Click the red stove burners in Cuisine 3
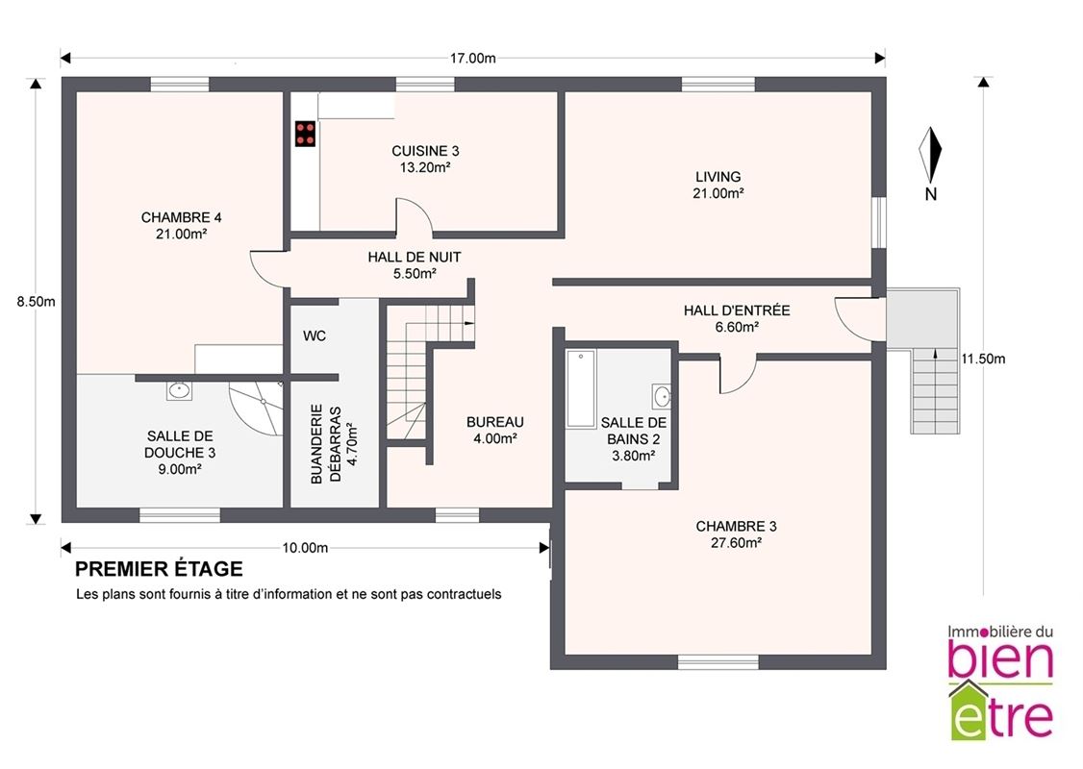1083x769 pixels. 305,134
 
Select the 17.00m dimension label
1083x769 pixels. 472,58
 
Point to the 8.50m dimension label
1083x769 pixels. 36,302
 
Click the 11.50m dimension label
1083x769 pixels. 983,359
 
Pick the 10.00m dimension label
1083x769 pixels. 305,548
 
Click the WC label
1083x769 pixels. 315,336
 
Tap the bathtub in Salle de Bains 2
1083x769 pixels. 581,389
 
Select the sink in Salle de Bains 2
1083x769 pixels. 661,397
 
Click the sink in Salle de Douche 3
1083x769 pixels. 180,390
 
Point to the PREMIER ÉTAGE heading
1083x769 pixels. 159,569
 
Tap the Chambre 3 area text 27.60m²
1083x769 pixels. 737,543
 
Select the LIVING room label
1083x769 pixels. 718,177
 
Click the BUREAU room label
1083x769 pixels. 495,422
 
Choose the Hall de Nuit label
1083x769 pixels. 415,257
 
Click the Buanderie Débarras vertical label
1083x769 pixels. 326,444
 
